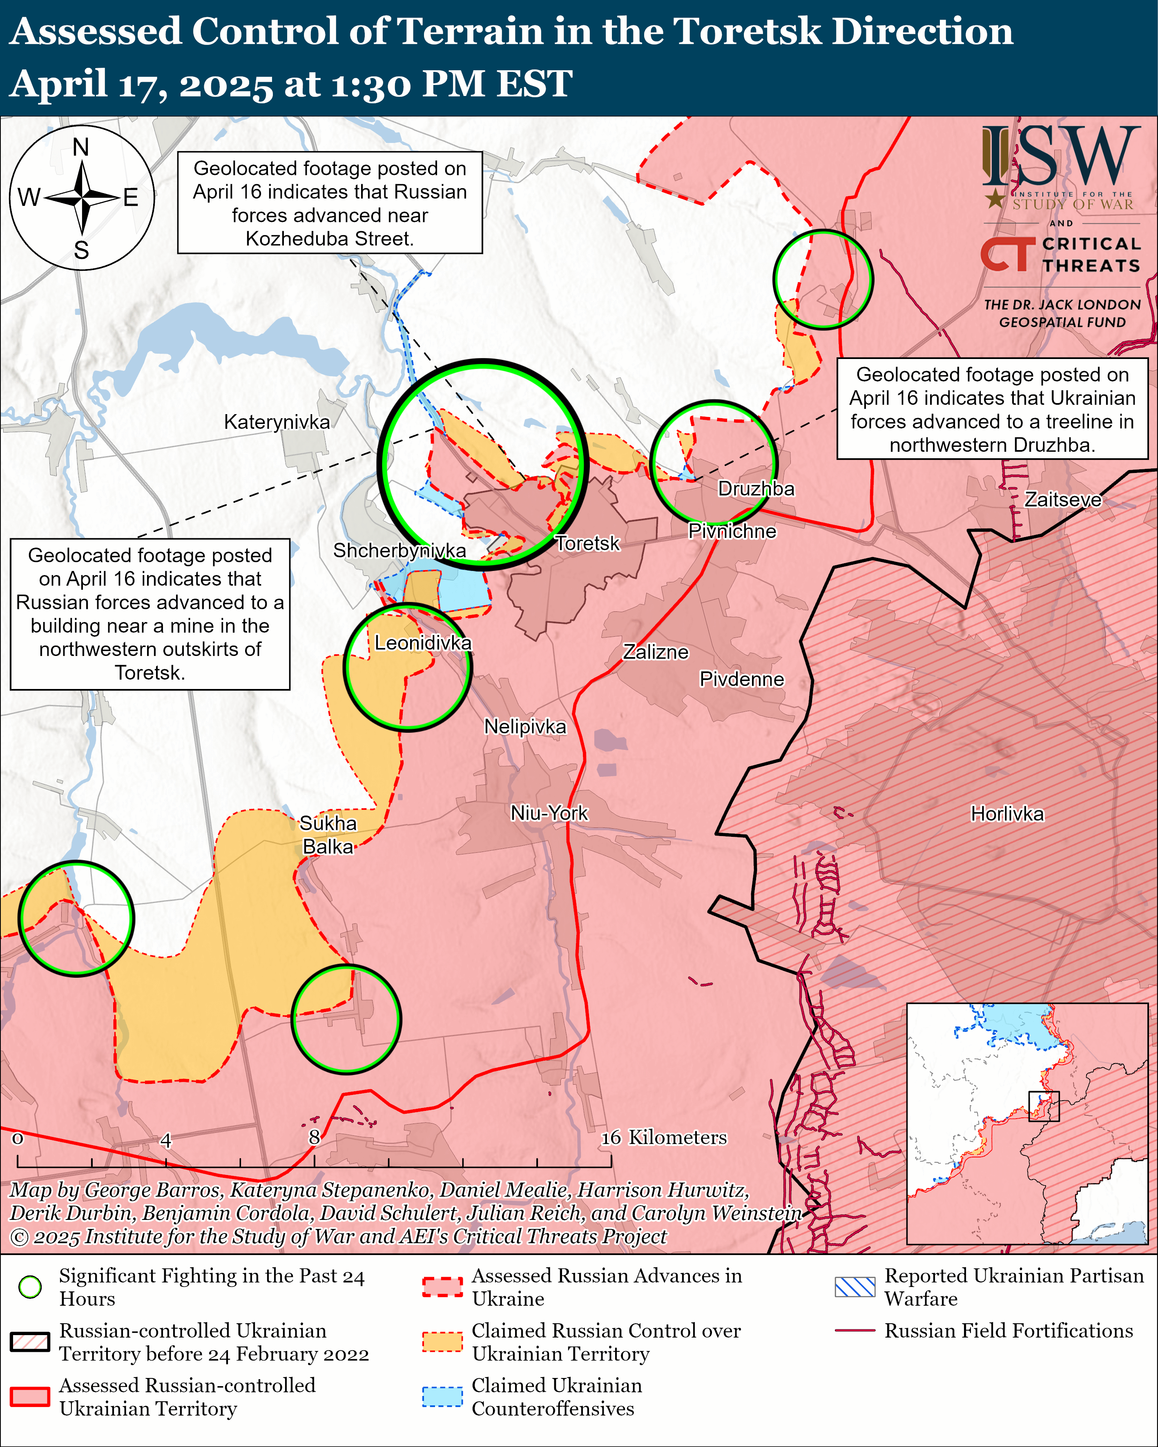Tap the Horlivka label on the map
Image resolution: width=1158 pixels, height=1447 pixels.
(x=1007, y=814)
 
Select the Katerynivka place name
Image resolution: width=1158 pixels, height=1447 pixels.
(x=277, y=422)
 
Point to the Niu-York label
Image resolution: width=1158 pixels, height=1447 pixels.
(x=549, y=814)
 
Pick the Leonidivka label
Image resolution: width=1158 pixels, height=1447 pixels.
(x=423, y=643)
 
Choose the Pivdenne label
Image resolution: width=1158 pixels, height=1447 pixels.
(x=742, y=679)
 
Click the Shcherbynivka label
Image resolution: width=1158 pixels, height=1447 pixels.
(x=399, y=551)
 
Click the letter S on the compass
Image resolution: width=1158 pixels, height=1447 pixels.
(x=81, y=250)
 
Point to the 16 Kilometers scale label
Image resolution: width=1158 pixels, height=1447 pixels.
(x=663, y=1137)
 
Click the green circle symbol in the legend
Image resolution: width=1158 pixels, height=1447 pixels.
(x=30, y=1286)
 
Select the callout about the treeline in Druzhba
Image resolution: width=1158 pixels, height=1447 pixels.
(x=992, y=409)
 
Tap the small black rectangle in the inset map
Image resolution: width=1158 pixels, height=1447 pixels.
(x=1044, y=1106)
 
